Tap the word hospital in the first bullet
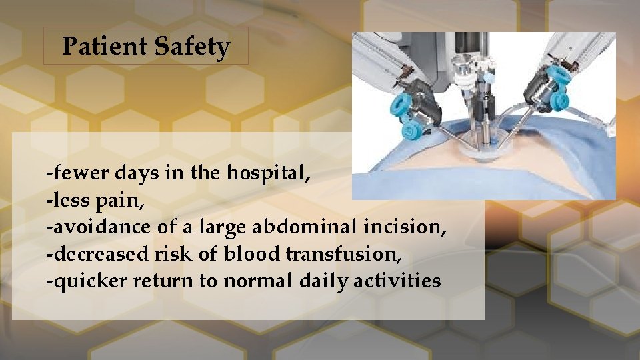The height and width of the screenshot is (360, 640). click(x=268, y=173)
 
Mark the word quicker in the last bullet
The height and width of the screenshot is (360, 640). click(x=88, y=281)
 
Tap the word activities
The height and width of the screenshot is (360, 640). click(x=402, y=281)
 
